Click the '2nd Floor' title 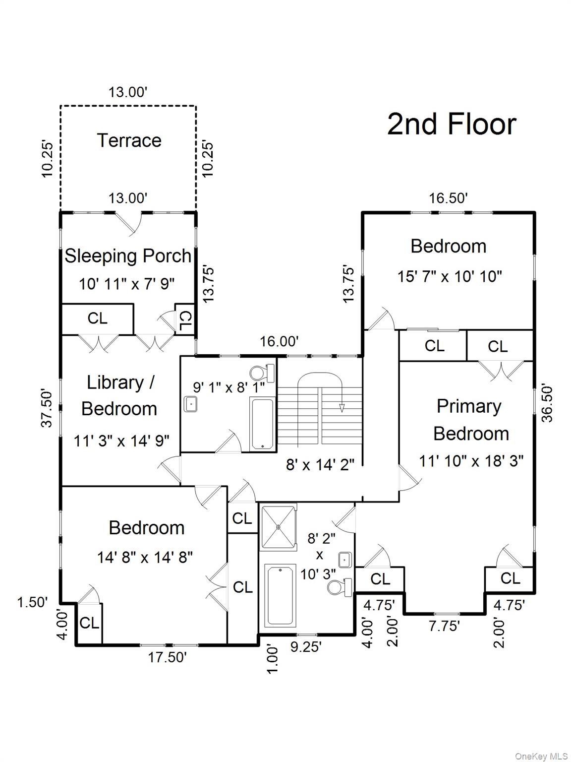pos(452,124)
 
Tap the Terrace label pos(129,140)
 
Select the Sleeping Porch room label pos(128,256)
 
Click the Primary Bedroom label pos(470,420)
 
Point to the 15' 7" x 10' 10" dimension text pos(449,276)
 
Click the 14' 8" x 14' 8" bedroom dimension pos(145,558)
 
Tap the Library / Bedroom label pos(119,395)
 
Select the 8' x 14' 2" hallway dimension pos(320,464)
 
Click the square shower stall pos(278,527)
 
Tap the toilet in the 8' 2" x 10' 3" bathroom pos(340,587)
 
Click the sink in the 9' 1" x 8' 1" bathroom pos(190,404)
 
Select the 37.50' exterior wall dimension pos(47,408)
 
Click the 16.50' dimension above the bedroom pos(448,198)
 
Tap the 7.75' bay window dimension pos(444,626)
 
